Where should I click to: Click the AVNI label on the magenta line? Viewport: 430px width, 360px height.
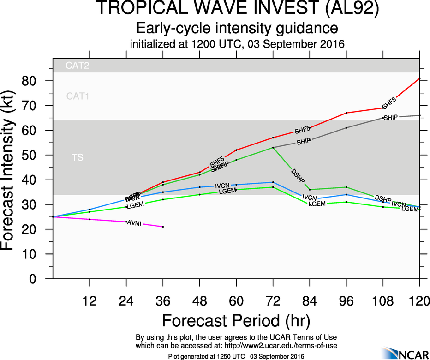point(134,223)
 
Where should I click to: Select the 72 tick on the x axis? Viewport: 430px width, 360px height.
point(273,301)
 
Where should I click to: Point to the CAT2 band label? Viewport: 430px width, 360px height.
point(77,66)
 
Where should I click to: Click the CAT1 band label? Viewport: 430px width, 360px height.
point(78,96)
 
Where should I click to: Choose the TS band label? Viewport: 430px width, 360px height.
point(78,158)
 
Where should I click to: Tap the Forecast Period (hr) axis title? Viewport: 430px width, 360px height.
point(236,320)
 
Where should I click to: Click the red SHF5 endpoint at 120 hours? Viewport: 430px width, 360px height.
point(420,78)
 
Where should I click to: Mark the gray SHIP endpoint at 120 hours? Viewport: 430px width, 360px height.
point(420,115)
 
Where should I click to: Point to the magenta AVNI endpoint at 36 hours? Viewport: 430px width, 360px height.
point(163,227)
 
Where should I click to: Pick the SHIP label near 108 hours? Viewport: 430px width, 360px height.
point(390,117)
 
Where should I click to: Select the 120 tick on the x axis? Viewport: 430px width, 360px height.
point(419,301)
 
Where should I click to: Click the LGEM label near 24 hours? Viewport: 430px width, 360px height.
point(133,206)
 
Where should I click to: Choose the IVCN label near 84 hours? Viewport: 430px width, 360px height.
point(310,197)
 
